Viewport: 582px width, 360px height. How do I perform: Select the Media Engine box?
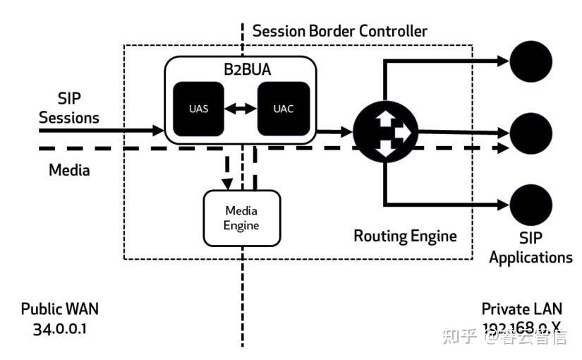coord(241,218)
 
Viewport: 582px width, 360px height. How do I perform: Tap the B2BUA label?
coord(241,71)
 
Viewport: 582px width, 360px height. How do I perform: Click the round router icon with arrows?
coord(384,132)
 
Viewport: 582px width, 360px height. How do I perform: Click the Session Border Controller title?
coord(339,31)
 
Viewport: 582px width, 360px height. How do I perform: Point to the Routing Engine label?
coord(405,235)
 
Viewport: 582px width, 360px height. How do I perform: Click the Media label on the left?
coord(69,170)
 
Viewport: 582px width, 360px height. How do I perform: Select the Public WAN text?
coord(60,309)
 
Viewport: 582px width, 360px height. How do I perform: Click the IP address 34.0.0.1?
coord(60,328)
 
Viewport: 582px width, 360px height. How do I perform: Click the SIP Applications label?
coord(531,247)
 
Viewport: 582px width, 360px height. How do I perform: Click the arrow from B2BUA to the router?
coord(335,131)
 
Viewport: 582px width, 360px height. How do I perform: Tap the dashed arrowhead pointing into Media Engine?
coord(227,183)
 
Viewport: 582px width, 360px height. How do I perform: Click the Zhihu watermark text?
coord(504,337)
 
